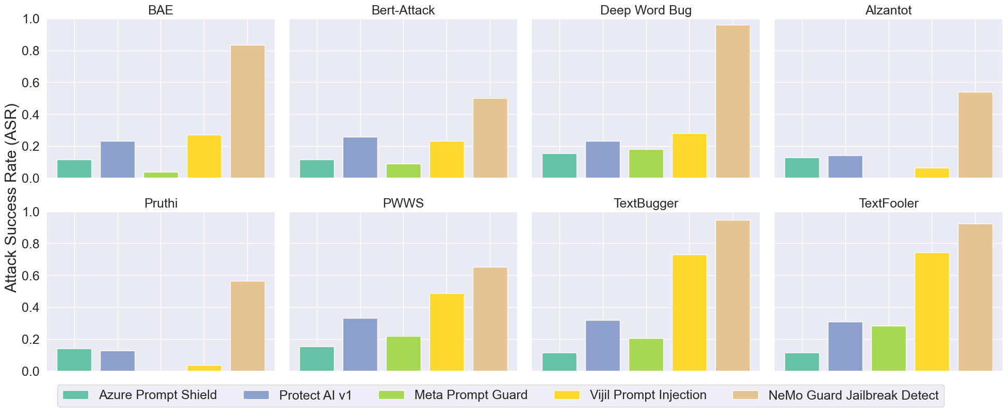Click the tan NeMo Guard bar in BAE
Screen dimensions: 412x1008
tap(247, 112)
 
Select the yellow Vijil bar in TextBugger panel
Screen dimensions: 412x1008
tap(689, 313)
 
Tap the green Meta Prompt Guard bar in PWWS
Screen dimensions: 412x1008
tap(403, 354)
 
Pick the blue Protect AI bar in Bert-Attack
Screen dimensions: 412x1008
tap(360, 157)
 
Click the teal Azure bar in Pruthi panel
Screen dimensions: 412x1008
tap(74, 360)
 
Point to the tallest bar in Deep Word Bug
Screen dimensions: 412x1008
tap(732, 102)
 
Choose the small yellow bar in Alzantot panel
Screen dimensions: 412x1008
tap(932, 173)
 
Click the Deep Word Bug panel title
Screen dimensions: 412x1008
tap(646, 10)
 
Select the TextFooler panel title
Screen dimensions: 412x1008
tap(888, 203)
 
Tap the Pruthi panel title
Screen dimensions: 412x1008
tap(161, 203)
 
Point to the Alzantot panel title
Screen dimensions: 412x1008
tap(888, 10)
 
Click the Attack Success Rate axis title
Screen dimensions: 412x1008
tap(11, 198)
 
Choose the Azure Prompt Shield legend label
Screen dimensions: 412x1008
tap(157, 395)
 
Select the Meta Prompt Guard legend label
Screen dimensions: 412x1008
tap(471, 395)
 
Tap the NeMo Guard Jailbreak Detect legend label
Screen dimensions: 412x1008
tap(853, 395)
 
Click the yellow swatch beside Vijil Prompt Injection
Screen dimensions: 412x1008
tap(566, 395)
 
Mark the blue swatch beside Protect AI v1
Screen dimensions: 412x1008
tap(255, 395)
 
